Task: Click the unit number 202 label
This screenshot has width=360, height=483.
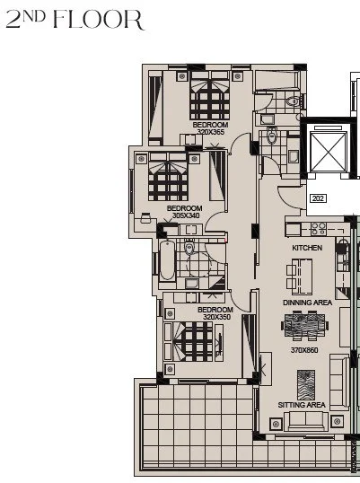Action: click(x=318, y=198)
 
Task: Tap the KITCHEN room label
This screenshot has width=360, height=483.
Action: click(x=307, y=248)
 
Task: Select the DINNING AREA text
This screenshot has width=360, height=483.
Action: click(x=307, y=303)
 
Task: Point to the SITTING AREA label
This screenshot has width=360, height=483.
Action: click(x=302, y=405)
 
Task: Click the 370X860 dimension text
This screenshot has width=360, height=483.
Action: click(x=304, y=350)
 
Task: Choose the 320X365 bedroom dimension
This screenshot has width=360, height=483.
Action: click(x=211, y=132)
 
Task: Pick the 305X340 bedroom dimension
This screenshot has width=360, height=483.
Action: click(x=186, y=215)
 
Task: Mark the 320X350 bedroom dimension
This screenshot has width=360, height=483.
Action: click(x=216, y=317)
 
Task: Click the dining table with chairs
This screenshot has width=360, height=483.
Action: click(x=304, y=326)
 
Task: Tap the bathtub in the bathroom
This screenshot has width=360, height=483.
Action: click(x=168, y=260)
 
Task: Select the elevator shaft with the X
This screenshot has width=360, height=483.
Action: click(x=328, y=152)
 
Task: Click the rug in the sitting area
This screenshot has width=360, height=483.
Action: click(x=306, y=385)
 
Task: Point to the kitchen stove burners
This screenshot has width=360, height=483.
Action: click(x=319, y=229)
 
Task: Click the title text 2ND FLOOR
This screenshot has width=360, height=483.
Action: click(x=75, y=20)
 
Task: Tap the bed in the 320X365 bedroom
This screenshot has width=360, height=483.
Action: click(x=210, y=95)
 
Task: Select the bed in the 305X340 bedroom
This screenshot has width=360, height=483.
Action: click(x=168, y=177)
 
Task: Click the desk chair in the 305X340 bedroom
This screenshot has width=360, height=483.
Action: click(x=145, y=218)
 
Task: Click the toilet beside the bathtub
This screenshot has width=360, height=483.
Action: click(x=189, y=246)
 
